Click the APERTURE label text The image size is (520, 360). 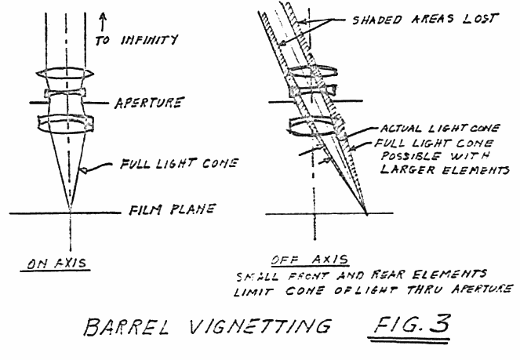(149, 103)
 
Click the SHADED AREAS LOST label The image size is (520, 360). (424, 18)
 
